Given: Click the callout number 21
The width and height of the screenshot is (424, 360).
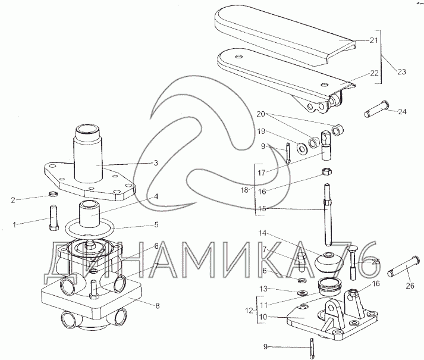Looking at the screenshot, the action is point(373,40).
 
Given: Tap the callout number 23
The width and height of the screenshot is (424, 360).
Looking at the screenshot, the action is point(401,72).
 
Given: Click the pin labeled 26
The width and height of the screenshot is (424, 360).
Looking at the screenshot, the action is point(404,267).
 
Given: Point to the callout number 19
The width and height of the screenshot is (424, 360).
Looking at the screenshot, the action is point(261,132).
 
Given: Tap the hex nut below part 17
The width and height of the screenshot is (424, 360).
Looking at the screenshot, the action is point(326,171).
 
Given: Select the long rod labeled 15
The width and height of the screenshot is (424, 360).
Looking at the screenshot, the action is point(328,214).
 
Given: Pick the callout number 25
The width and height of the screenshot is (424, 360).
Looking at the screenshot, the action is point(376,261).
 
